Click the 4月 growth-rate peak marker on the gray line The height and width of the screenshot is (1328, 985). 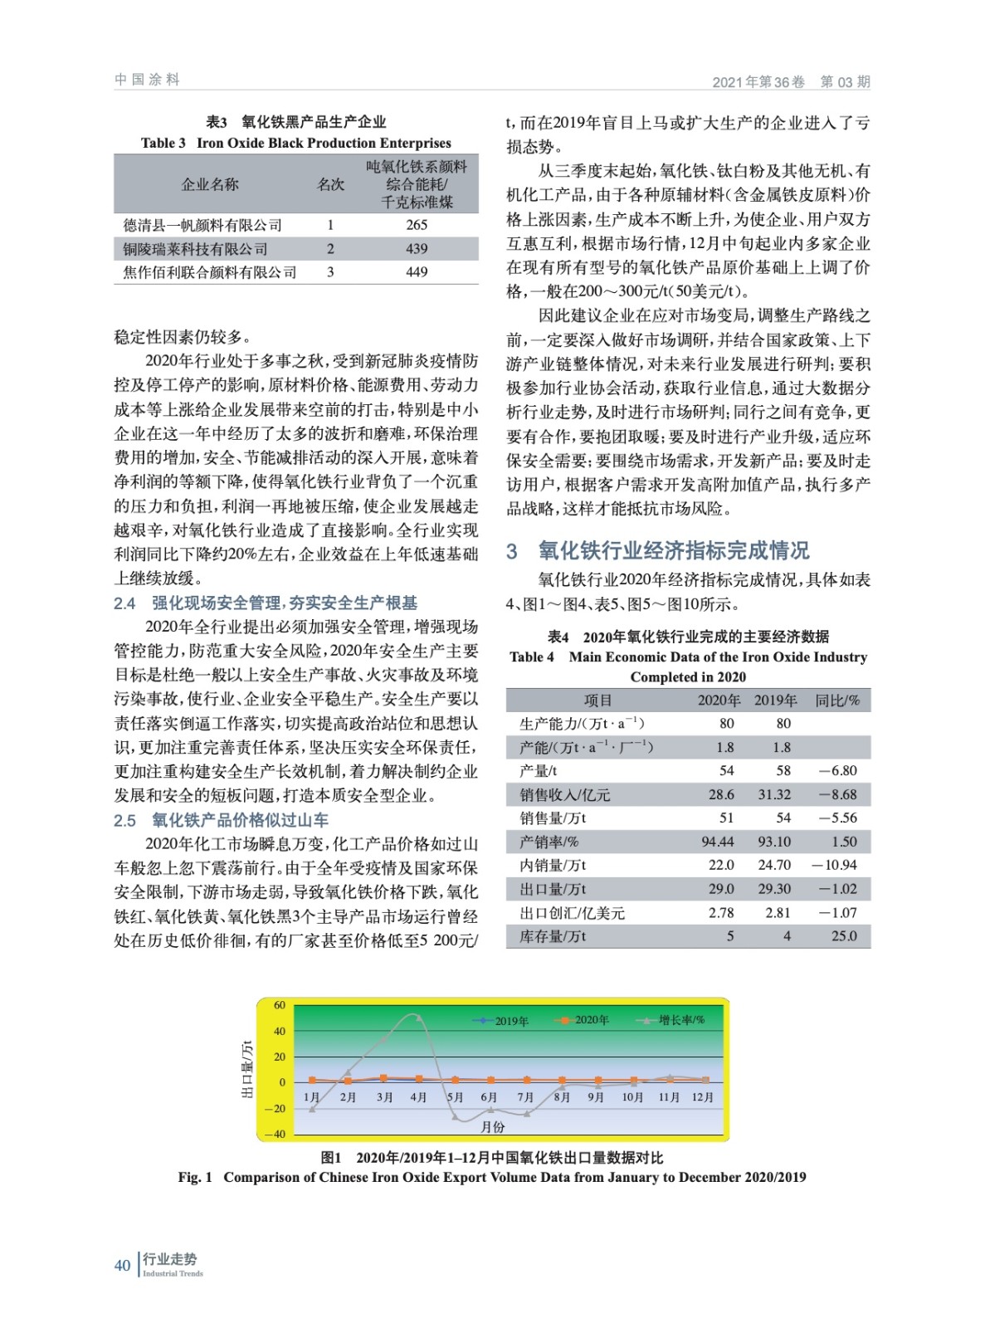418,1016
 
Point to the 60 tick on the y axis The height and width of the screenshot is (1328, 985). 280,1005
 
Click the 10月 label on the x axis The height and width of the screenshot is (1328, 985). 632,1097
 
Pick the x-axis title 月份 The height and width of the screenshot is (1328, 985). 493,1126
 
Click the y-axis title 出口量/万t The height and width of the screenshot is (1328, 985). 247,1069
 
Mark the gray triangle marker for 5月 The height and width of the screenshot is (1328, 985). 455,1118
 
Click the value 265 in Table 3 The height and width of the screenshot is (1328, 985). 417,225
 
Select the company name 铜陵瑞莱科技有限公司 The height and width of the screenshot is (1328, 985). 195,249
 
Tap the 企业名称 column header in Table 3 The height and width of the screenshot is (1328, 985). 210,184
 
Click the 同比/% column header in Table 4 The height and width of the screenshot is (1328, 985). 837,701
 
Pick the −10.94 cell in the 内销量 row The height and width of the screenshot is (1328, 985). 835,865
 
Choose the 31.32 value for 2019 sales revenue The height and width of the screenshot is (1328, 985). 774,794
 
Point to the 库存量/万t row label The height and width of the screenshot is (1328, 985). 553,936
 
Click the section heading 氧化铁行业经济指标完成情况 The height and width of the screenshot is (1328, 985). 673,550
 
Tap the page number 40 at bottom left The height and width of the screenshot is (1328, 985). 122,1265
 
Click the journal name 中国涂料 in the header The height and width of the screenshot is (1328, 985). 147,80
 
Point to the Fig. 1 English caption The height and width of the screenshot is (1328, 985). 491,1177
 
